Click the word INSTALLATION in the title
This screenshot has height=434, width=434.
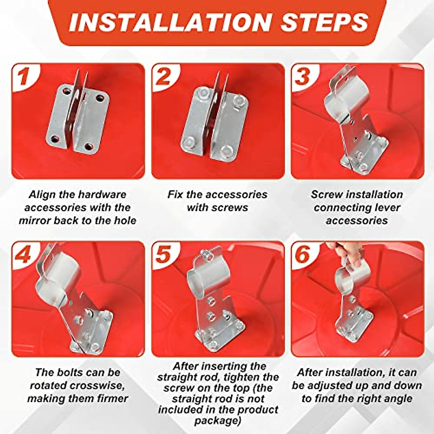pyautogui.click(x=170, y=22)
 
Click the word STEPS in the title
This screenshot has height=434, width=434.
pyautogui.click(x=324, y=22)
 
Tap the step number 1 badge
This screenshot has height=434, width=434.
pyautogui.click(x=24, y=77)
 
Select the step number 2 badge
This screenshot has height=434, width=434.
pyautogui.click(x=164, y=77)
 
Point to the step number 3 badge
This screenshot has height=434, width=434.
pyautogui.click(x=303, y=77)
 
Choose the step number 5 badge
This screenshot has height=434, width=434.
pyautogui.click(x=164, y=255)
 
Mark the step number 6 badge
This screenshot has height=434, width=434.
pyautogui.click(x=303, y=255)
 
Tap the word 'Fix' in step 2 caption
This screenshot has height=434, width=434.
pyautogui.click(x=175, y=195)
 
